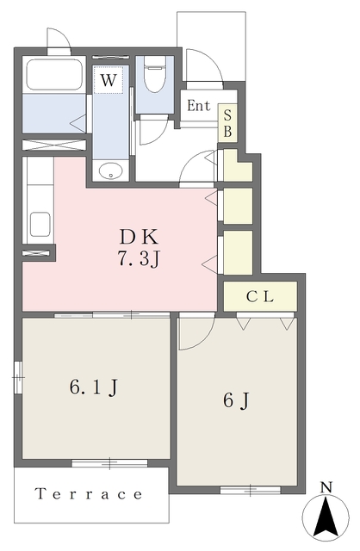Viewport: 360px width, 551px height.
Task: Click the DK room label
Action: (x=139, y=237)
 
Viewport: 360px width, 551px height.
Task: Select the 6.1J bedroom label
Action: (x=94, y=387)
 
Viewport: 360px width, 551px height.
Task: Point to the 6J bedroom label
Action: (x=236, y=400)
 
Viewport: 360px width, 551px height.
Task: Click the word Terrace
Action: (x=90, y=494)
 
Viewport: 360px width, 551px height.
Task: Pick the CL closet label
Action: (x=260, y=297)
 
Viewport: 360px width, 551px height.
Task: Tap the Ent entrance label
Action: (x=199, y=105)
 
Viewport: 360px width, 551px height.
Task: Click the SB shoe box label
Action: (x=228, y=123)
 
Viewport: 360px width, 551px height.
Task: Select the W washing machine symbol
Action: (x=108, y=80)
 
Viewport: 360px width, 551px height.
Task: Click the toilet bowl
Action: (x=155, y=75)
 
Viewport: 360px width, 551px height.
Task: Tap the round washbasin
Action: (x=111, y=172)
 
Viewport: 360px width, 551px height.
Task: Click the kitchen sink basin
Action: (x=40, y=225)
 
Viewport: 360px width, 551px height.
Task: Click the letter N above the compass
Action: (x=326, y=487)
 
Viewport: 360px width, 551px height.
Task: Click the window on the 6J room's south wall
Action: (x=251, y=490)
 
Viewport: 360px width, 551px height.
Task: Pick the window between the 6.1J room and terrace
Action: (x=109, y=463)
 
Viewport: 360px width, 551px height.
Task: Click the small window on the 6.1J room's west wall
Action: (x=18, y=377)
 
